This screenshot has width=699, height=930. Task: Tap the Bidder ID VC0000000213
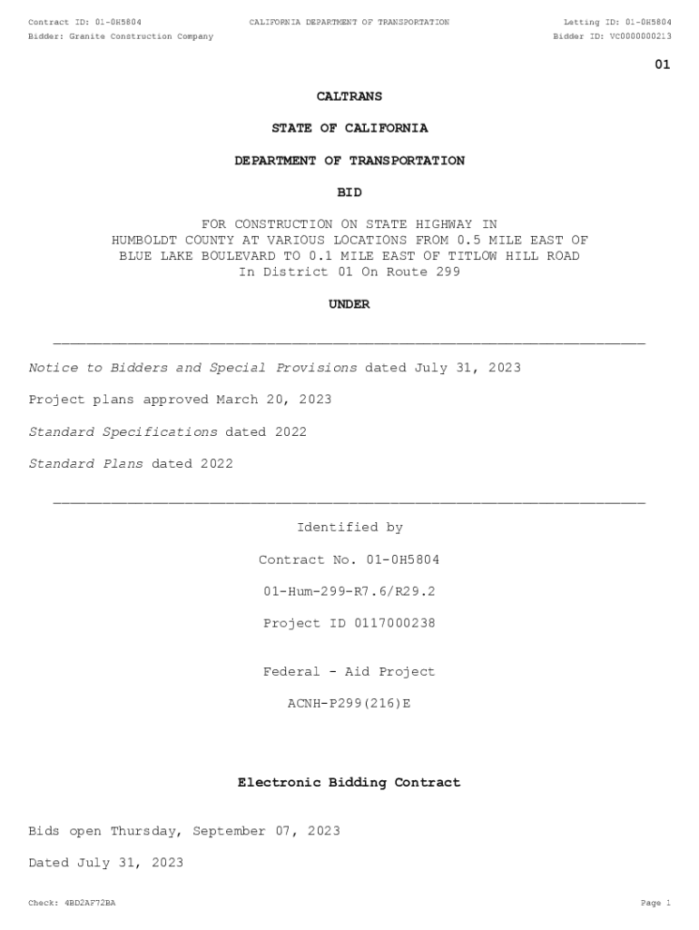pos(641,36)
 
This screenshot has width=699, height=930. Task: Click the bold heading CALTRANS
pos(349,96)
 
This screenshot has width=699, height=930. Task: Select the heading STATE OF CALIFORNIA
pos(349,128)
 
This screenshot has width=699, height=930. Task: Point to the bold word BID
pos(349,193)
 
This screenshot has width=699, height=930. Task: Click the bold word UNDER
pos(349,304)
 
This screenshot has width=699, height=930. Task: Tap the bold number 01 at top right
pos(663,64)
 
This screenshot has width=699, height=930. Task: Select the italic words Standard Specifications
pos(123,432)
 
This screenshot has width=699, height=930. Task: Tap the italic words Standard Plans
pos(86,464)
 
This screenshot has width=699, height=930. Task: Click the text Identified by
pos(349,528)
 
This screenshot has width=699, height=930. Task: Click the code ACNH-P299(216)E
pos(349,703)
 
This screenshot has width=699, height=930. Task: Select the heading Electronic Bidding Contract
pos(349,782)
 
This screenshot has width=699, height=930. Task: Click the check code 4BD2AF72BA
pos(90,903)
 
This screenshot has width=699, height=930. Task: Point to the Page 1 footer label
pos(655,903)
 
